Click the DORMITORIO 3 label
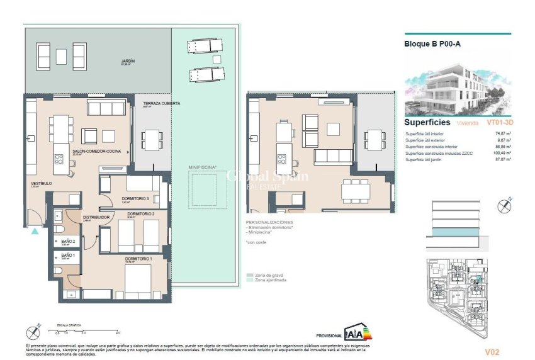pos(135,199)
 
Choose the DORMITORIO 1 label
pos(137,258)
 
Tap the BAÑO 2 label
pos(69,242)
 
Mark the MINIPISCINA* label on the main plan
pos(202,167)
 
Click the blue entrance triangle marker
pos(35,231)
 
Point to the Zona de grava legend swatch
pos(250,275)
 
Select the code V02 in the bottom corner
pos(492,351)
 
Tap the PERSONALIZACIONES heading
pos(269,223)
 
